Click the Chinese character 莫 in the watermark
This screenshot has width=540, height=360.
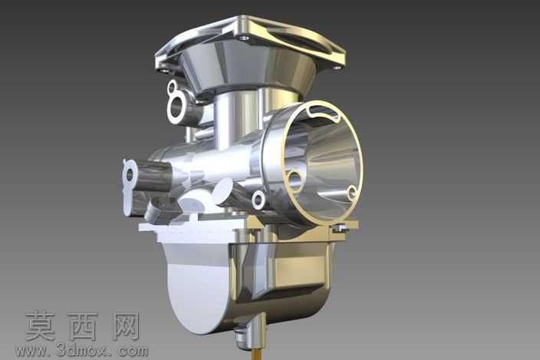point(41,326)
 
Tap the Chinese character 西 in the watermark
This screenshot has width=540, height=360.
point(83,326)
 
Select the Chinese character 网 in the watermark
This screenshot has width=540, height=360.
point(126,326)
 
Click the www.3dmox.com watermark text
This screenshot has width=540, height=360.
point(82,351)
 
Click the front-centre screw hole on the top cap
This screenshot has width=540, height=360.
point(244,37)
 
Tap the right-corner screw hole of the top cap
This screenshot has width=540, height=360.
point(337,68)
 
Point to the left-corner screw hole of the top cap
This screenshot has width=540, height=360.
point(165,71)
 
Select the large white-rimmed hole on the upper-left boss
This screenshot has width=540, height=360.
point(176,107)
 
